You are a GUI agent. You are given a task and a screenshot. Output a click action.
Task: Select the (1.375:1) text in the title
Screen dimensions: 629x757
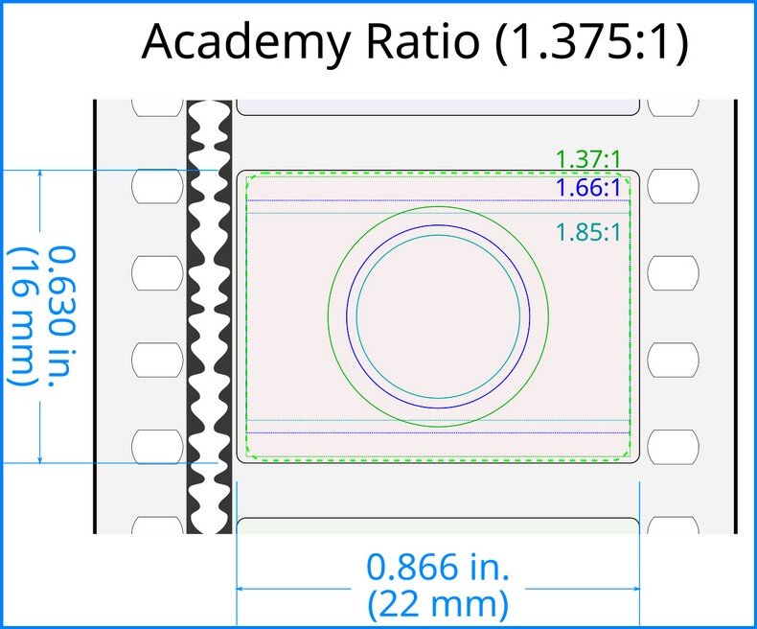click(591, 44)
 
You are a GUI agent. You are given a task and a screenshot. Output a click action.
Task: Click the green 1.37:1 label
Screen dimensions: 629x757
click(587, 158)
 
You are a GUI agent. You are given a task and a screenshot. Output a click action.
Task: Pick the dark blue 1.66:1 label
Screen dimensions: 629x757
click(587, 188)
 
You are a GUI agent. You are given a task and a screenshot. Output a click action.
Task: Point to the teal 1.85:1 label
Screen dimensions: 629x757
click(587, 232)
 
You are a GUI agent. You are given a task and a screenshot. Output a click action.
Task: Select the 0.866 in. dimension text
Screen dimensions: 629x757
click(438, 568)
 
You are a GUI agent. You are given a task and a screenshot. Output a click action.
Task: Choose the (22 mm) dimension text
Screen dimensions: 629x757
click(438, 605)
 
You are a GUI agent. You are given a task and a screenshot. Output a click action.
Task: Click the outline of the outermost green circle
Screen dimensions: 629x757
click(329, 316)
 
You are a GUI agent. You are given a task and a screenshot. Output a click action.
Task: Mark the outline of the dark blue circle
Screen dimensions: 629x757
click(347, 316)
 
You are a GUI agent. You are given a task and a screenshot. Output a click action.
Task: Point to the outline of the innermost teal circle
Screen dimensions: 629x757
click(357, 316)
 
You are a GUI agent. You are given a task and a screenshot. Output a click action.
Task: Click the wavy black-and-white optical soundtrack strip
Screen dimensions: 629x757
click(209, 316)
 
